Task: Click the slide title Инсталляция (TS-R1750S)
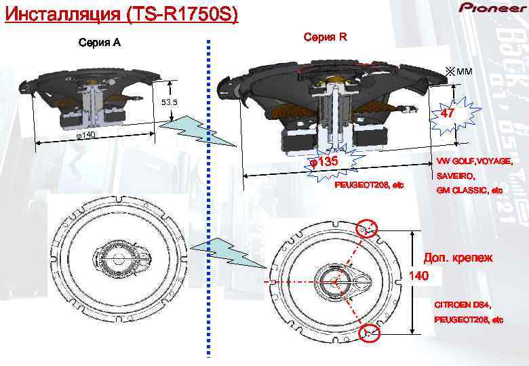[x=121, y=14]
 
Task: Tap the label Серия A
[x=100, y=43]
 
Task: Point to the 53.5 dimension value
[x=168, y=103]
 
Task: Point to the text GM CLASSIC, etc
[x=469, y=190]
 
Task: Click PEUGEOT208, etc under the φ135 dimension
[x=369, y=186]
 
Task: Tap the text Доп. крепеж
[x=458, y=258]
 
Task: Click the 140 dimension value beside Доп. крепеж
[x=420, y=276]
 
